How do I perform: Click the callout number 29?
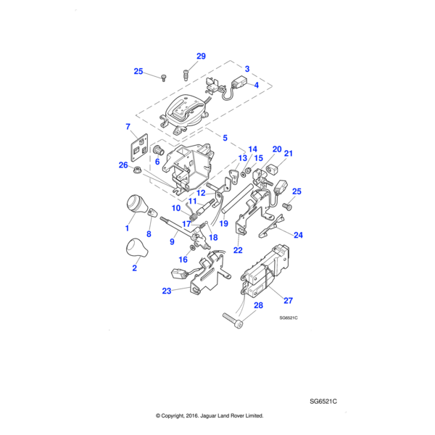201,56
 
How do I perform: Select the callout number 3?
247,69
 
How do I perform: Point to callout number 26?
123,165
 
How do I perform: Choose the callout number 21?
288,153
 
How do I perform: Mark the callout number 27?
288,300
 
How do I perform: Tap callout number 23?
168,291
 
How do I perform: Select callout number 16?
183,259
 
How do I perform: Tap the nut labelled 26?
136,171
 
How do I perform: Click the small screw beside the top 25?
165,77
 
